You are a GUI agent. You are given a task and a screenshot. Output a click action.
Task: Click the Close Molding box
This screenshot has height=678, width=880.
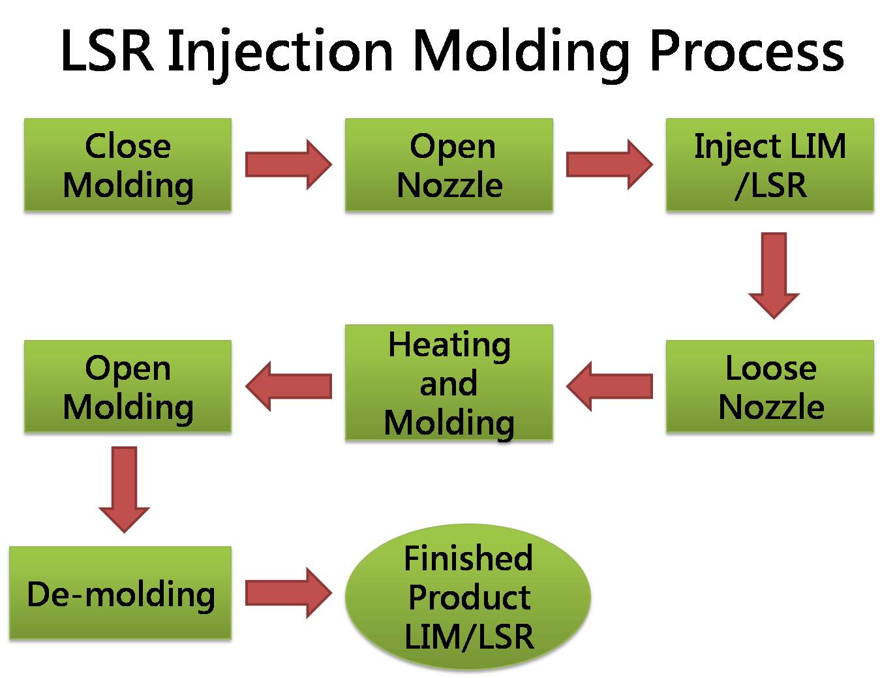[x=128, y=164]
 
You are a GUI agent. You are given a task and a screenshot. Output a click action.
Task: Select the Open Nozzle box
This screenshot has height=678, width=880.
[x=449, y=164]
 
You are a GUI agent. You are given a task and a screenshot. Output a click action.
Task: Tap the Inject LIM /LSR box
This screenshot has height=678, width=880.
[x=769, y=164]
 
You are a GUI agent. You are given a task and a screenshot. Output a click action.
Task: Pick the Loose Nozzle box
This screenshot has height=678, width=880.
[x=769, y=386]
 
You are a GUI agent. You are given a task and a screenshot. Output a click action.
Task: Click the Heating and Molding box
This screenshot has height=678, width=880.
[x=449, y=383]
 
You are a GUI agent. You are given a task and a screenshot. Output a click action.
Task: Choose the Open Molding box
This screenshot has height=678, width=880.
[x=128, y=386]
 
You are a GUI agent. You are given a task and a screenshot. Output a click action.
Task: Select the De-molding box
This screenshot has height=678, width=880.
[x=121, y=593]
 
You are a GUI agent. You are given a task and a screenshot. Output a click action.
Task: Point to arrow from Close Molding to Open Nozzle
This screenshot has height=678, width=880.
[x=288, y=164]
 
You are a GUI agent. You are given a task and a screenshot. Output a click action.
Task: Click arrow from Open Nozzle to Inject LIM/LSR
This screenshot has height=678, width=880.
[x=609, y=164]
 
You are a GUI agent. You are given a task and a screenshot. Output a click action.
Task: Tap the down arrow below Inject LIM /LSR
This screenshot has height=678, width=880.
[x=774, y=274]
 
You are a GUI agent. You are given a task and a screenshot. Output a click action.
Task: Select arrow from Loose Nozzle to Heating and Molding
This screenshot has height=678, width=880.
[x=609, y=386]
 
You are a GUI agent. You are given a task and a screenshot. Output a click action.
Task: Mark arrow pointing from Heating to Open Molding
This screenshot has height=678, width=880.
[x=288, y=386]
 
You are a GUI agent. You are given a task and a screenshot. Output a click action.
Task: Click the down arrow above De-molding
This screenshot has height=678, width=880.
[x=125, y=488]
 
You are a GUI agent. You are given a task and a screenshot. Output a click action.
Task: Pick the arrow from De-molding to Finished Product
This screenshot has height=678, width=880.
[x=288, y=593]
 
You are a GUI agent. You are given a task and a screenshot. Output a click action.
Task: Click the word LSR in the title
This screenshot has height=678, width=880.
[x=107, y=50]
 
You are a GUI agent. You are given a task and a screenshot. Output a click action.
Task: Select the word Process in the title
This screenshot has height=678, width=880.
[x=746, y=50]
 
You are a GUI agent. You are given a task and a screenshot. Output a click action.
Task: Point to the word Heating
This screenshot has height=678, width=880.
[x=449, y=345]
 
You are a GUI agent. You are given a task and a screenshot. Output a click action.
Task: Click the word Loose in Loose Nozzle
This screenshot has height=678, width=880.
[x=770, y=368]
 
